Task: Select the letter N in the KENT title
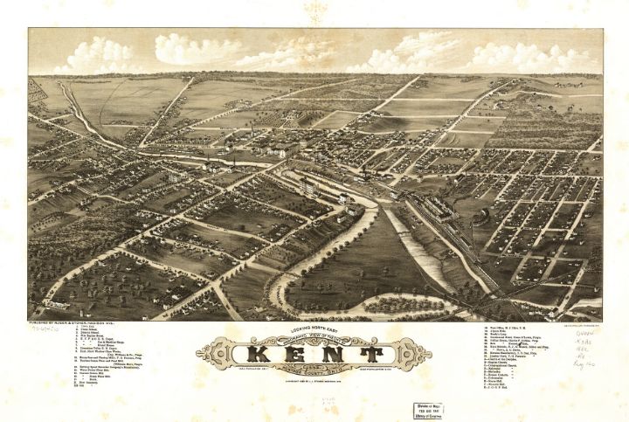(x=336, y=354)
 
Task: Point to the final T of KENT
(x=371, y=354)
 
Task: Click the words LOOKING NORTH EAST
(x=314, y=325)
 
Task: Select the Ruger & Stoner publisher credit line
(x=70, y=322)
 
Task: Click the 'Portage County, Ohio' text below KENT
(x=314, y=370)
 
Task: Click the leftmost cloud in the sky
(x=87, y=56)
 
